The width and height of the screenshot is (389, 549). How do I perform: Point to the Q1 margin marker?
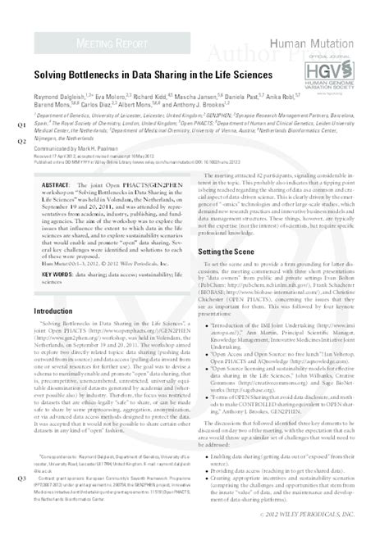click(20, 125)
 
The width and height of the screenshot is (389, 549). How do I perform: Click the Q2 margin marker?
click(20, 140)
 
